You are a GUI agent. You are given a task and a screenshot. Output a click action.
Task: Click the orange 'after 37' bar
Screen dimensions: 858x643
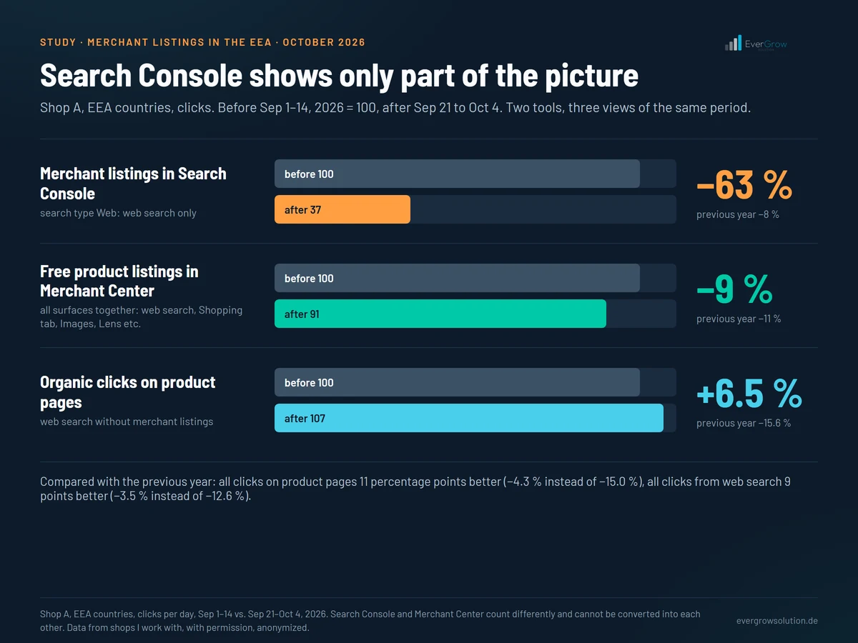point(342,209)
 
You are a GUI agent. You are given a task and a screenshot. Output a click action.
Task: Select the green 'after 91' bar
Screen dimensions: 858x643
point(440,314)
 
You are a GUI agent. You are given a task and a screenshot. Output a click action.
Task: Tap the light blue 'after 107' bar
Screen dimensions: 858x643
point(468,418)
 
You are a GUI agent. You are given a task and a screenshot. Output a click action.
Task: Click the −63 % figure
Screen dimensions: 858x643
point(744,185)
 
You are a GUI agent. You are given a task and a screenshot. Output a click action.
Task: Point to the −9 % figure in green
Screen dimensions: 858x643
point(734,289)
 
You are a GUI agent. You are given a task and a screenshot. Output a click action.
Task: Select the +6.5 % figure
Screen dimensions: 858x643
point(749,394)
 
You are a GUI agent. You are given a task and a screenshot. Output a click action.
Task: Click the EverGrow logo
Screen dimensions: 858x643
point(756,44)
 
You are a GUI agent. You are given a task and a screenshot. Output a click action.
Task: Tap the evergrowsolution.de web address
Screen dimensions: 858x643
point(777,621)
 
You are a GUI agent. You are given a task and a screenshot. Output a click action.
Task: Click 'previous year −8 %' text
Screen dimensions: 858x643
point(738,214)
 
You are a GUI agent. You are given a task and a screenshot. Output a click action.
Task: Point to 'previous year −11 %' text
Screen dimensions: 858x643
point(739,319)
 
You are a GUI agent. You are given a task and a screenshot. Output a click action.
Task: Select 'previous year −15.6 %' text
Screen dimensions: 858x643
point(744,423)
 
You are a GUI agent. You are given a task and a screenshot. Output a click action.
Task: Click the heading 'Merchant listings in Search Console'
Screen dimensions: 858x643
point(133,184)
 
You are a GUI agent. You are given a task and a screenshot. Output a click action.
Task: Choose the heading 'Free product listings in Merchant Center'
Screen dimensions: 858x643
point(119,281)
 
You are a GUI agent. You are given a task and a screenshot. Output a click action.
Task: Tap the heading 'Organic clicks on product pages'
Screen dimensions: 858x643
point(128,392)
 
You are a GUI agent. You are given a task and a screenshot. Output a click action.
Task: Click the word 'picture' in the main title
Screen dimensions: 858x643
point(592,76)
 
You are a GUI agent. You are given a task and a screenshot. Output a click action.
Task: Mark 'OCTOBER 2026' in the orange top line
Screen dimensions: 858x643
point(324,42)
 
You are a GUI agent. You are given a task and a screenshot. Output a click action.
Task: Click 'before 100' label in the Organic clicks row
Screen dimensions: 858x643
point(309,383)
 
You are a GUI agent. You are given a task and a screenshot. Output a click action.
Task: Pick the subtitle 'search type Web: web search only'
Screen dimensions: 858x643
point(118,213)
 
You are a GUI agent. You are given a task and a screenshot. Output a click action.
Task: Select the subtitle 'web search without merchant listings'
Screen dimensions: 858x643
point(127,422)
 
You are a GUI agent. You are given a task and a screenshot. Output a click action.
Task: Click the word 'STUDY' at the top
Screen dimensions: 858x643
point(58,42)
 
